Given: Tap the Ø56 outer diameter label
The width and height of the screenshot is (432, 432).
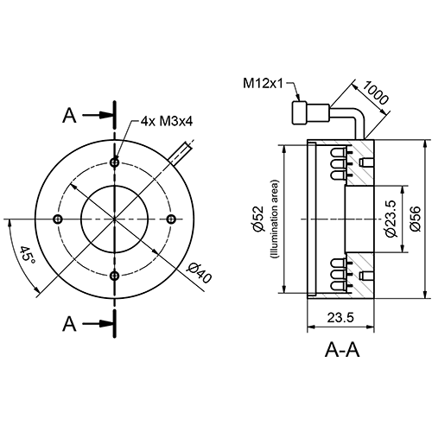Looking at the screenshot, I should pyautogui.click(x=415, y=219).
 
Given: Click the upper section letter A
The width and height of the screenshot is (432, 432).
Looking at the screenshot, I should pyautogui.click(x=72, y=115).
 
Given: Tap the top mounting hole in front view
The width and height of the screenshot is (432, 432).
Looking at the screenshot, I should pyautogui.click(x=115, y=161).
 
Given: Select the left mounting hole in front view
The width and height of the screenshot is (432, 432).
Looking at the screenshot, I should pyautogui.click(x=58, y=218).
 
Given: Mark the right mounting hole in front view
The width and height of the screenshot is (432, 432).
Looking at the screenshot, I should pyautogui.click(x=172, y=218).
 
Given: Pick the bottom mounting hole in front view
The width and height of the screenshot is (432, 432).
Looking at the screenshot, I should pyautogui.click(x=115, y=275).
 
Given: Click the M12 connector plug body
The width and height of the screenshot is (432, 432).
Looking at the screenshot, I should pyautogui.click(x=302, y=112).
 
